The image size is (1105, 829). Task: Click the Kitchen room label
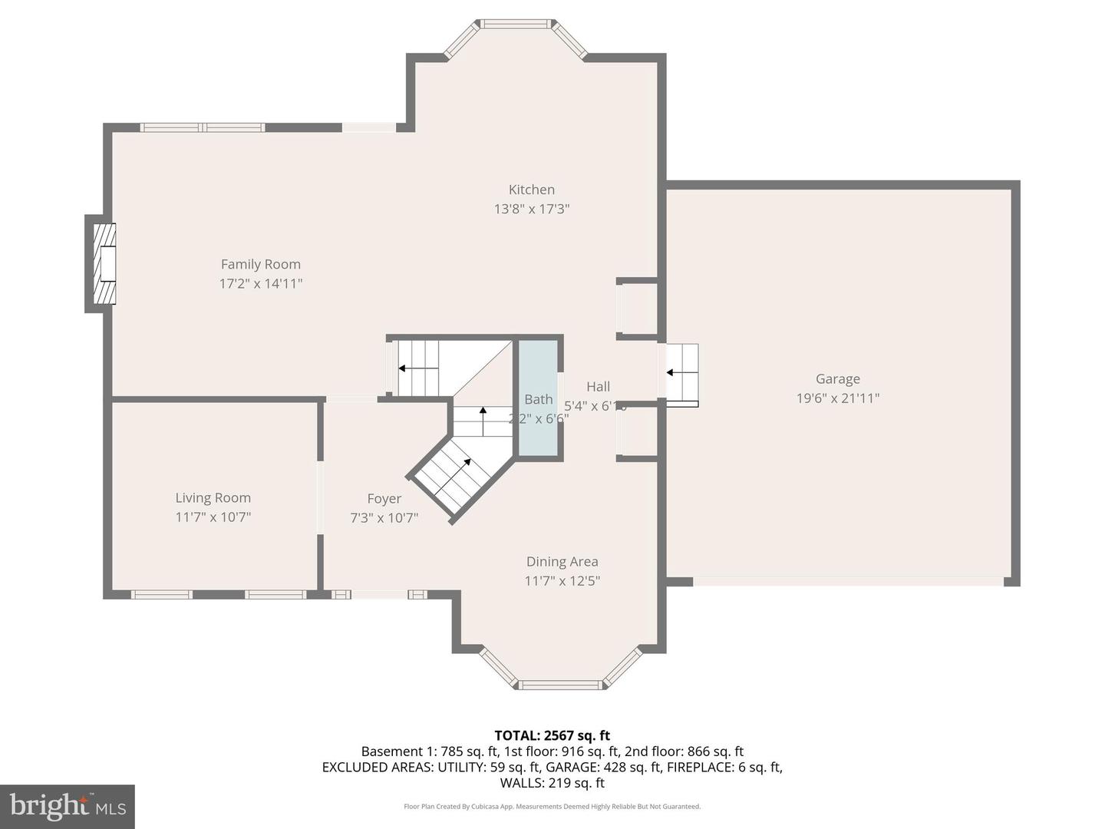coord(531,190)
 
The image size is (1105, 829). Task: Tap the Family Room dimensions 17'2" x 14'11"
coord(261,283)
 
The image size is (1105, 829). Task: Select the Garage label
coord(837,378)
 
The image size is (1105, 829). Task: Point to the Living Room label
coord(213,497)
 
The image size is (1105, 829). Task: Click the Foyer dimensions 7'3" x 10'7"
coord(384,517)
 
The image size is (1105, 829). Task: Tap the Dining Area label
coord(562,562)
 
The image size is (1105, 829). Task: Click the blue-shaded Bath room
coord(538,399)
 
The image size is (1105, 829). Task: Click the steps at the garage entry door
coord(681,374)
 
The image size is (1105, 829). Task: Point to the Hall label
coord(598,386)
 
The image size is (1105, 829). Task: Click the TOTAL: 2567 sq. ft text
coord(552,735)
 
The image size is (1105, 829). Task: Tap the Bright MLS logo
coord(68,806)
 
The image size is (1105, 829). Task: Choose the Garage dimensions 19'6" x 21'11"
coord(837,398)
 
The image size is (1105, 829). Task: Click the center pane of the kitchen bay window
coord(516,25)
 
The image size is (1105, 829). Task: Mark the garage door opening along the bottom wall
coord(848,582)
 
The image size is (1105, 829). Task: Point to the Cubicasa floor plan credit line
coord(552,807)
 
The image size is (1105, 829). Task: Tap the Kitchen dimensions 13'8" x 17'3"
coord(531,209)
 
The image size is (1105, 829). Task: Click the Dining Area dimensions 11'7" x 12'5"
coord(562,581)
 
